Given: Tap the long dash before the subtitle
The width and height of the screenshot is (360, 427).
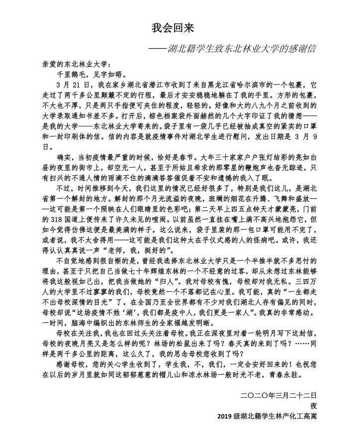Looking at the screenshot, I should click(x=164, y=50).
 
